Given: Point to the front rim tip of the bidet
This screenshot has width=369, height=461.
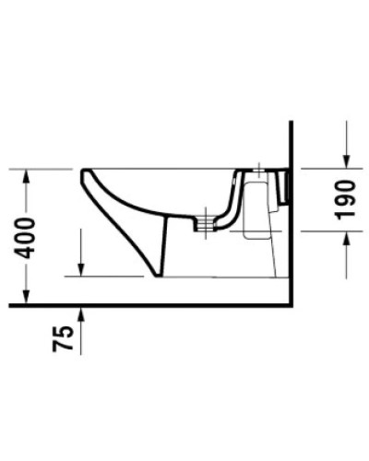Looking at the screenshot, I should click(83, 171).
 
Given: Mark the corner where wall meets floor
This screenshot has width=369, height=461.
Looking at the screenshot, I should click(290, 304).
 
